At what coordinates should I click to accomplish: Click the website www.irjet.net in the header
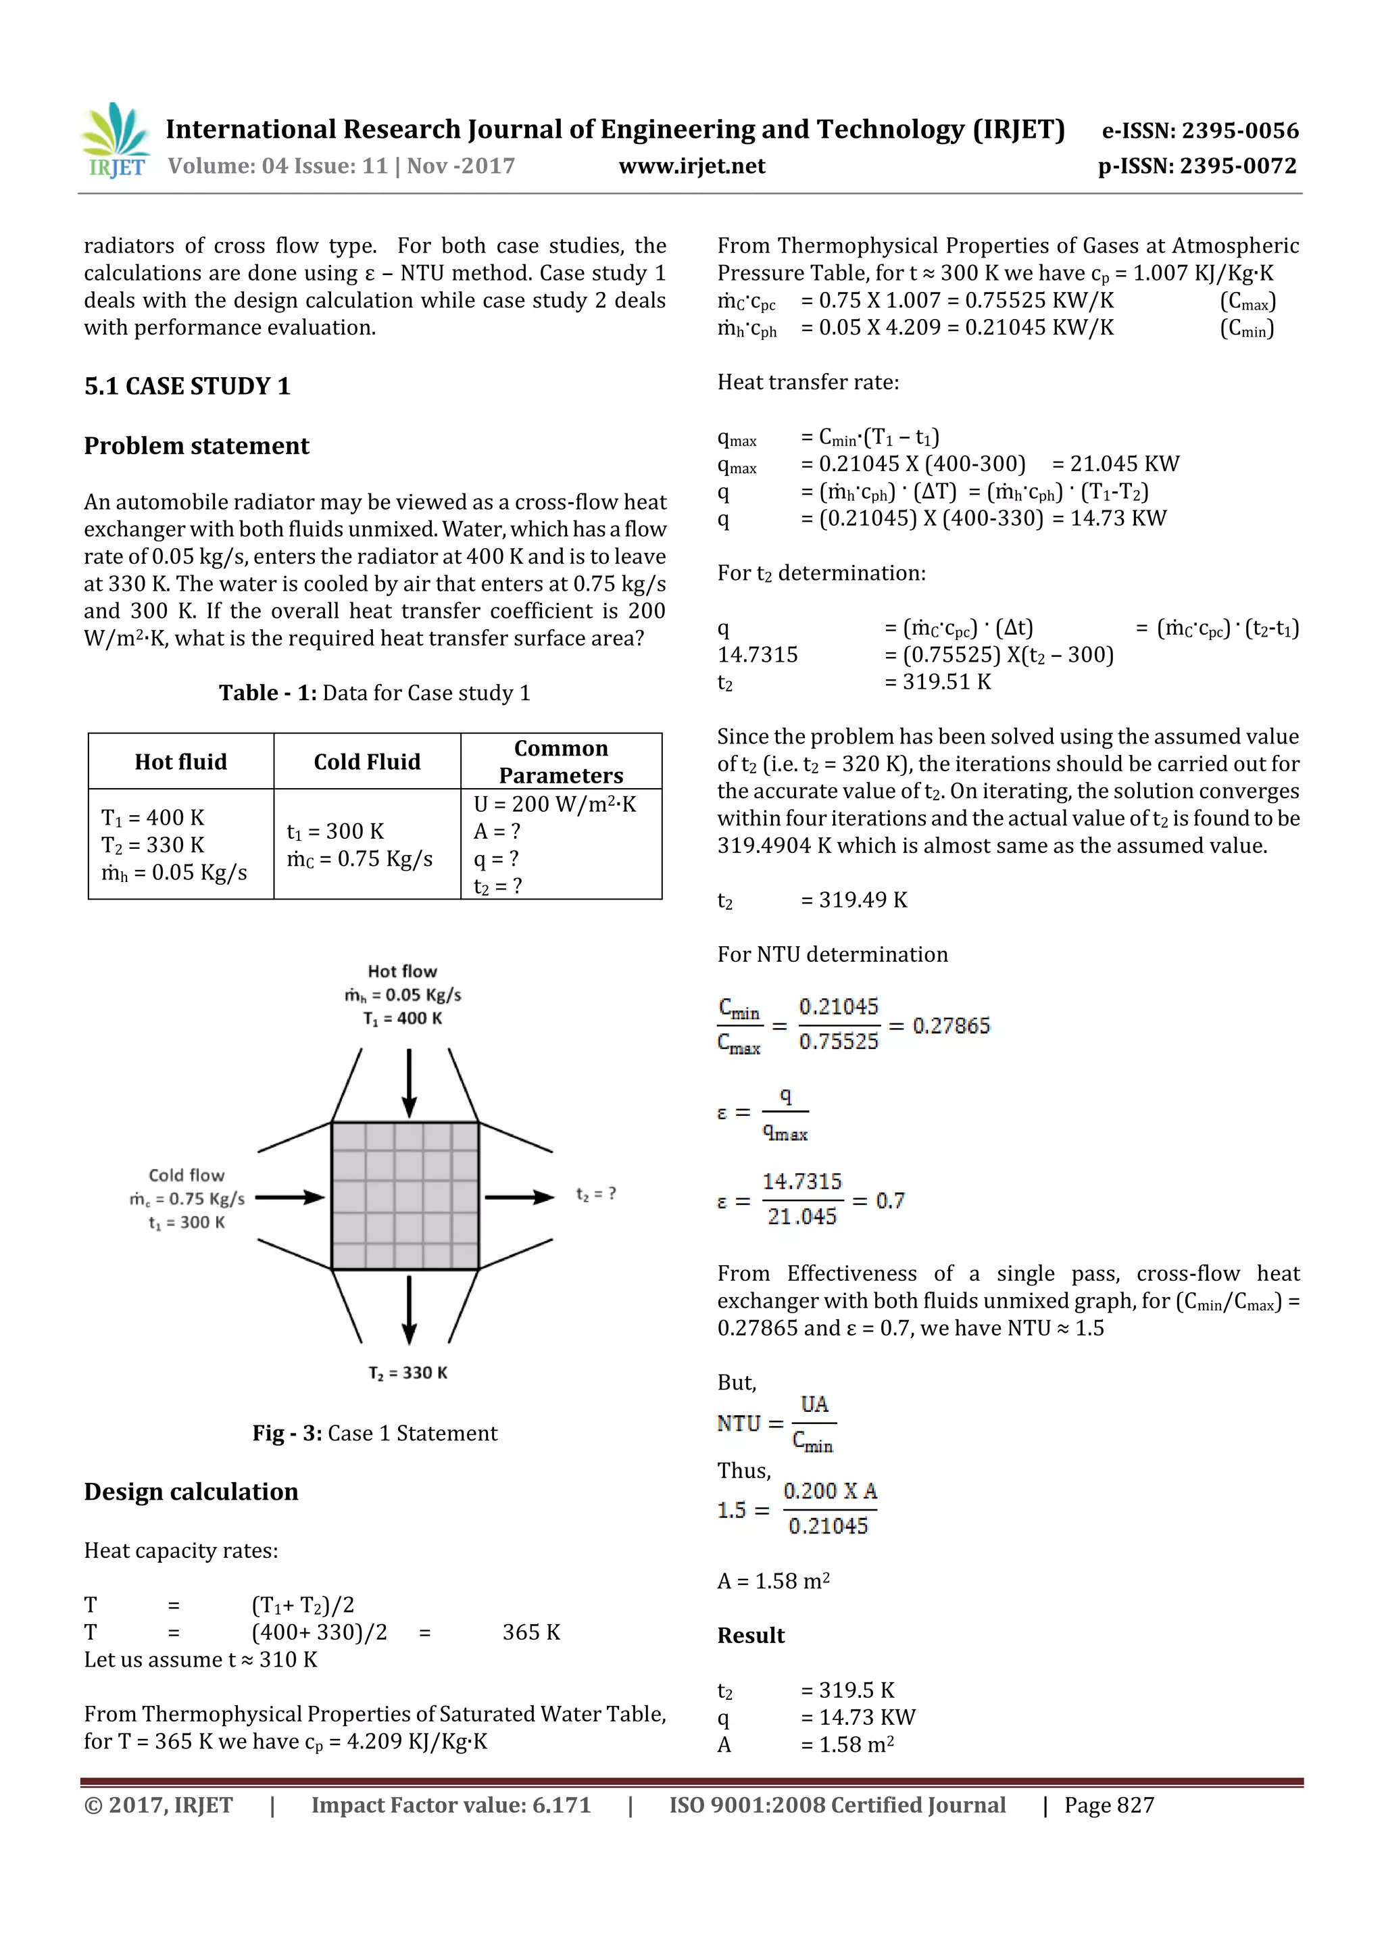click(691, 166)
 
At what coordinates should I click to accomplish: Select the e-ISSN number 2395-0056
click(1200, 130)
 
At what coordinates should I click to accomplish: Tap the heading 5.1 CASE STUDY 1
click(187, 387)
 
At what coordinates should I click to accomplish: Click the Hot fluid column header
click(181, 762)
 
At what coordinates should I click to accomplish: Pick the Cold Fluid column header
click(367, 762)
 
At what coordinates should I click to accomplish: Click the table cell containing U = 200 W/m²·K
click(554, 804)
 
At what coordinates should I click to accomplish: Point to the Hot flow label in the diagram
click(403, 971)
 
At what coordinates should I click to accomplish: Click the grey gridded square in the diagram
click(405, 1196)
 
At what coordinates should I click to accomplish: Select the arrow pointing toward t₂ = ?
click(519, 1196)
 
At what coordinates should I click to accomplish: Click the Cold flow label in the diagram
click(186, 1175)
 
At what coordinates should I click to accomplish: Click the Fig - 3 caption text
click(374, 1433)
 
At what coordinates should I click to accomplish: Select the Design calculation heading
click(191, 1492)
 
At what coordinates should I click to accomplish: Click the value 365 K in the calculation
click(530, 1632)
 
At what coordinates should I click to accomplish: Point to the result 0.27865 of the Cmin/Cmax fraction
click(951, 1025)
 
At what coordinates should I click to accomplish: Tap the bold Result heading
click(750, 1635)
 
